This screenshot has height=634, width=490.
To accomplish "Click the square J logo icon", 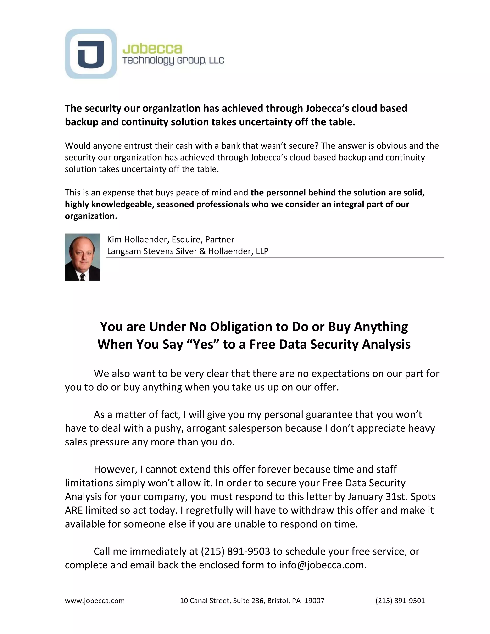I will [x=91, y=54].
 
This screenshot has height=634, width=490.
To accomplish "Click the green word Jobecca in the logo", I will [x=152, y=49].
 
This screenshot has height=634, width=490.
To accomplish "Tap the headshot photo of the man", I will [x=82, y=257].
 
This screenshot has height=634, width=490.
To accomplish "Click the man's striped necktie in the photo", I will [x=83, y=276].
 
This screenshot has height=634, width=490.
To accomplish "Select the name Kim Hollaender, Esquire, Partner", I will [x=170, y=239].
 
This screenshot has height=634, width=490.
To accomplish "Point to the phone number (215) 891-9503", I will [x=235, y=551].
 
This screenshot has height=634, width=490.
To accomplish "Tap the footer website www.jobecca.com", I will [x=95, y=601].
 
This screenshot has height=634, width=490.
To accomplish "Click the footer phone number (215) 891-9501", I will [x=400, y=601].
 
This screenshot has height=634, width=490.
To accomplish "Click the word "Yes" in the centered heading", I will [x=203, y=344].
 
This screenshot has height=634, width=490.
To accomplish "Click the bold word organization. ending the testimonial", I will [x=91, y=216].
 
